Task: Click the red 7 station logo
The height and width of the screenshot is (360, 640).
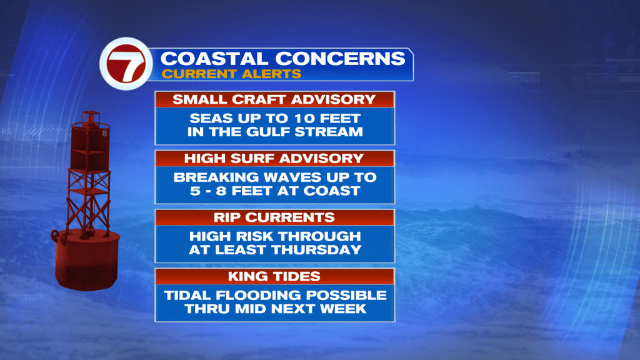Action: click(x=126, y=64)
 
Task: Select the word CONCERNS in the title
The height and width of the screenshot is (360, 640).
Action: click(x=341, y=59)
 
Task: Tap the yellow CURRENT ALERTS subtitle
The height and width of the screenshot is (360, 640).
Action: click(x=231, y=74)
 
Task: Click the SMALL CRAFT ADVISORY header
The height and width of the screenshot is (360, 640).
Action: click(x=274, y=99)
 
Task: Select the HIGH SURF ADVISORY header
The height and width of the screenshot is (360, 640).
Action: click(x=274, y=158)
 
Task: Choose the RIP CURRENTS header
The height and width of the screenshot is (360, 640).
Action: click(x=274, y=217)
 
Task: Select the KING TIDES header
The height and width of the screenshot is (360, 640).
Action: click(x=274, y=276)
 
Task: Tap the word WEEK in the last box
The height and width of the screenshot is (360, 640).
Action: click(x=343, y=309)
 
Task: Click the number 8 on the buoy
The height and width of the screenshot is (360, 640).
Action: click(x=104, y=133)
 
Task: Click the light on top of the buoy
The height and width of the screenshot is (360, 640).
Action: click(x=91, y=117)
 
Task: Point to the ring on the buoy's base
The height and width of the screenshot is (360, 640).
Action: click(x=55, y=236)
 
